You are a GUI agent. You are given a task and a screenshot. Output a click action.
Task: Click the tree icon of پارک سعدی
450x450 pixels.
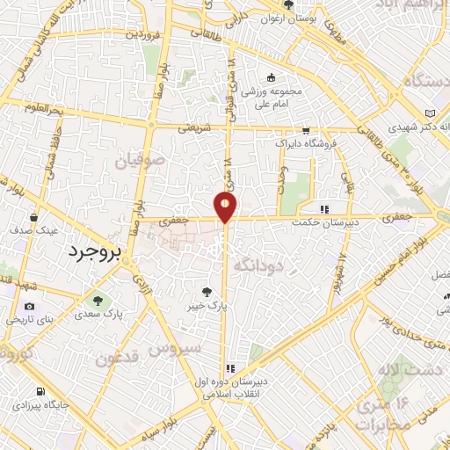pos(98,299)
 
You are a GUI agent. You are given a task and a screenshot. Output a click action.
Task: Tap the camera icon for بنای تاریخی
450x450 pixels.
pos(30,306)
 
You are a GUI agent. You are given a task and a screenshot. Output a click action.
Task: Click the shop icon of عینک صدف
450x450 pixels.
pos(34,216)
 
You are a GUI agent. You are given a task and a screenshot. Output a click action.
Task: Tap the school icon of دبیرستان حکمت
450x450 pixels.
pos(324,210)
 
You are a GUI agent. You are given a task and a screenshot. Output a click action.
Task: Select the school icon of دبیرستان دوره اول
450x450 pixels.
pos(231,369)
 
